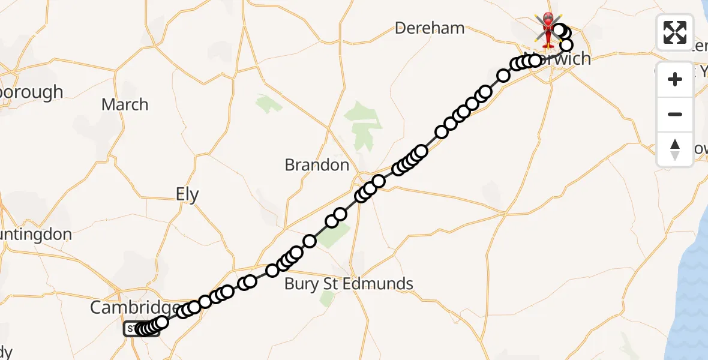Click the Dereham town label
430,28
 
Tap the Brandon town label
317,165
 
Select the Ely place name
187,194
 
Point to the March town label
125,104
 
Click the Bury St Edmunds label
349,283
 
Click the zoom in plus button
675,79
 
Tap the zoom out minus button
675,114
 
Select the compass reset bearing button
675,149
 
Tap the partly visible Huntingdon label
36,234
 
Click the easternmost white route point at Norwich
566,45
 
